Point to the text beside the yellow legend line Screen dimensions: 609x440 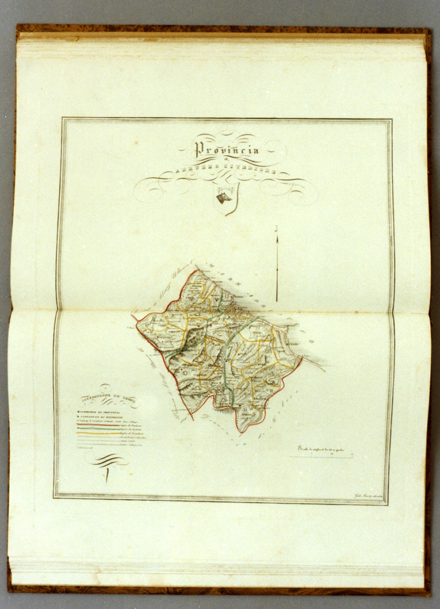pos(133,433)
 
